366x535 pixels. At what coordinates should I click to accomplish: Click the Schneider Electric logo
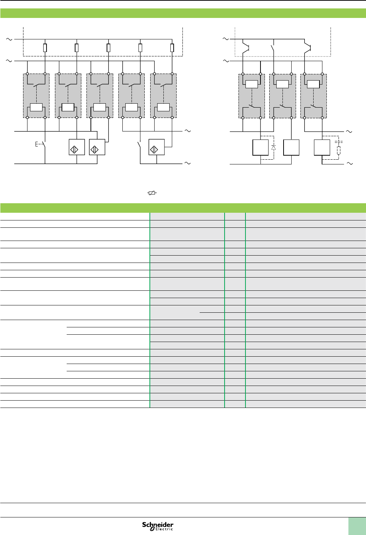coord(158,526)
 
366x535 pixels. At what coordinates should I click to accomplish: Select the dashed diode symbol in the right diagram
coord(273,148)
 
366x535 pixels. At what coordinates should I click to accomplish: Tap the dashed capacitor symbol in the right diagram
coord(339,141)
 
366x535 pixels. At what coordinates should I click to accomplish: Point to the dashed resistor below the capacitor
coord(339,150)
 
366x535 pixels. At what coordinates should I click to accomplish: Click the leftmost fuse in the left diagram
coord(45,48)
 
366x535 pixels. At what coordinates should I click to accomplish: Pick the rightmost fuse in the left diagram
coord(172,48)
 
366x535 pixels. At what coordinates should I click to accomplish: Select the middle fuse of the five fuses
coord(108,48)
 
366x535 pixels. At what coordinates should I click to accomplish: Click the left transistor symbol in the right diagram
coord(246,47)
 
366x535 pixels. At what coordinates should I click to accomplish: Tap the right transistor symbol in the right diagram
coord(308,47)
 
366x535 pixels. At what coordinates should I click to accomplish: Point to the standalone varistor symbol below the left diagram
coord(152,193)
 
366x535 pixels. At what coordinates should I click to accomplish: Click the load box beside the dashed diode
coord(260,148)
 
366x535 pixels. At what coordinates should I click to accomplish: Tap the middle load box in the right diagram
coord(292,148)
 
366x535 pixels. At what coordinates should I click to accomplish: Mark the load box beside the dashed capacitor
coord(322,148)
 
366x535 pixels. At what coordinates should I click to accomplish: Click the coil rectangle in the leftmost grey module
coord(36,107)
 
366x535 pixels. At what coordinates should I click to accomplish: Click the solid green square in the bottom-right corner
coord(357,526)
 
